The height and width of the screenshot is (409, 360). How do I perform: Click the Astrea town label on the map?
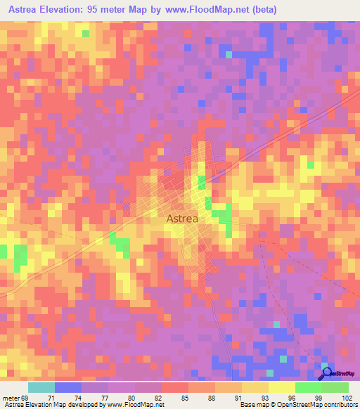(x=182, y=219)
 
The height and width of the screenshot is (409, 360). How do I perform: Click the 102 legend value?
(x=346, y=397)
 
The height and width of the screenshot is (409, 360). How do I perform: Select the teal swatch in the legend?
(x=41, y=387)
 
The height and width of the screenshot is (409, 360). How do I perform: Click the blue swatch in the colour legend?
(x=68, y=387)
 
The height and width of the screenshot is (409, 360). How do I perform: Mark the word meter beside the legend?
(x=11, y=397)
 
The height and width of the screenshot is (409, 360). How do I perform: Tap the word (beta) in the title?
(x=258, y=10)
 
